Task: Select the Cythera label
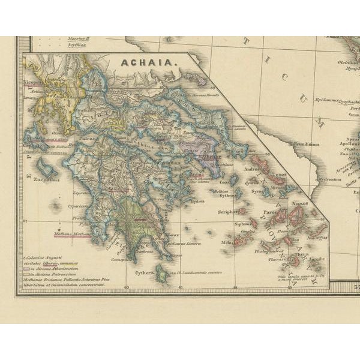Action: [144, 272]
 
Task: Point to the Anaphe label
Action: [316, 259]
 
